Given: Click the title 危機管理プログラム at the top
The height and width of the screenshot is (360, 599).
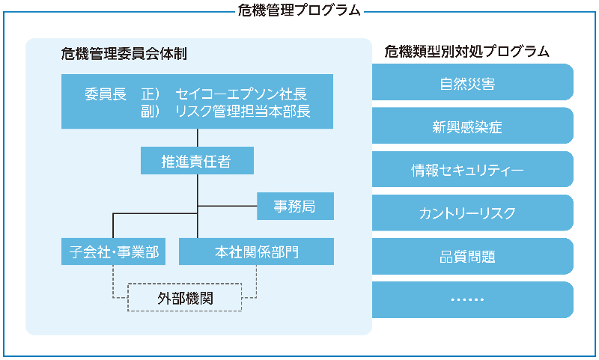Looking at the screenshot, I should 299,10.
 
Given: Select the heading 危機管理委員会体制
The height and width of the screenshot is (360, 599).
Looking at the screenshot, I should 124,54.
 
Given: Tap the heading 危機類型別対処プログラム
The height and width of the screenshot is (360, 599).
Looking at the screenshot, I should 467,52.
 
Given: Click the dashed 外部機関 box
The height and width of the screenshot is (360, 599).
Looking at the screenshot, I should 185,297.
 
